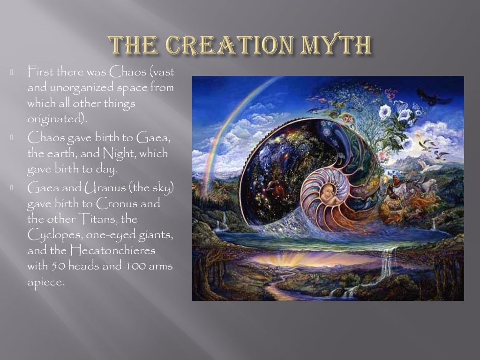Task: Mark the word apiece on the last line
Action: (x=45, y=282)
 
